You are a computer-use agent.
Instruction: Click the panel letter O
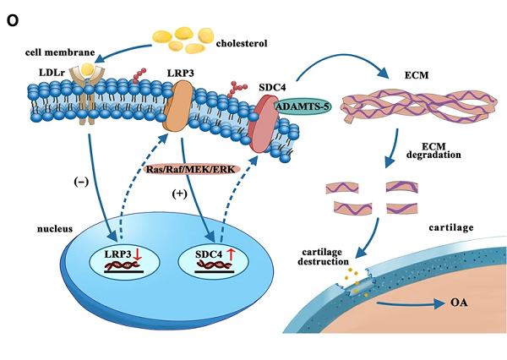(x=12, y=22)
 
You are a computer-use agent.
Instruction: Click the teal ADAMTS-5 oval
(x=305, y=106)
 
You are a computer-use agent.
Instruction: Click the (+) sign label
(x=180, y=194)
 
